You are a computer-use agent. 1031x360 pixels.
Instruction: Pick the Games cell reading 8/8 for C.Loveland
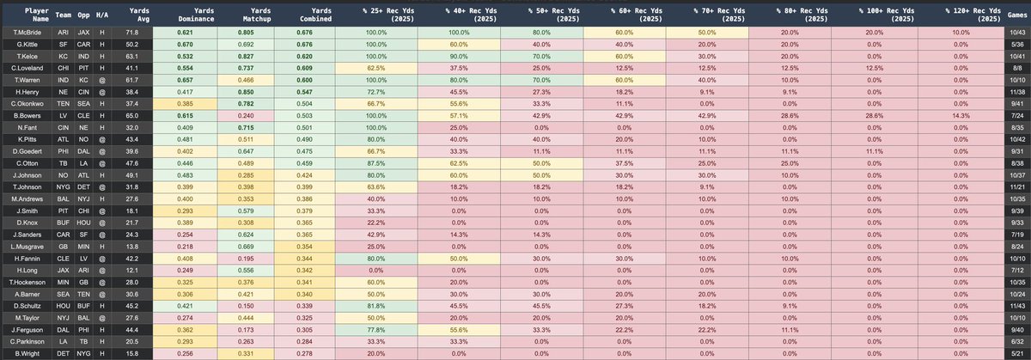click(x=1016, y=66)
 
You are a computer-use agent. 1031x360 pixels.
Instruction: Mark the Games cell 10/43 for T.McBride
click(x=1016, y=32)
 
